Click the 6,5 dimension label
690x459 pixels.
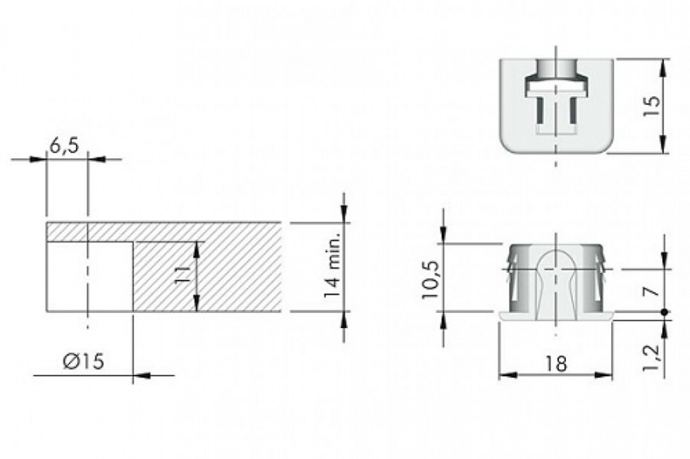click(64, 146)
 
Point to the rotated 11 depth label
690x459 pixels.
click(184, 275)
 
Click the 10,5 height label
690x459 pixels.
click(430, 280)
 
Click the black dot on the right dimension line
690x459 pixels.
click(664, 312)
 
